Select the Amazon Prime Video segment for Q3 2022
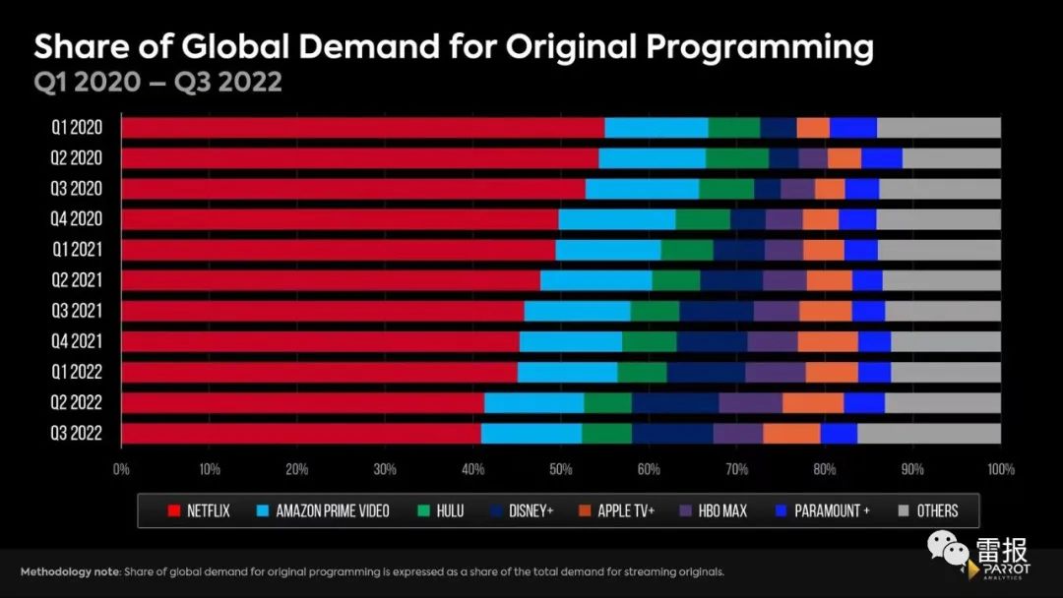click(531, 434)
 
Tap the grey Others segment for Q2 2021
click(941, 280)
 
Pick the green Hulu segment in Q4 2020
click(703, 219)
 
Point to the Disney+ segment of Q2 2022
click(675, 403)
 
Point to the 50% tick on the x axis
click(561, 468)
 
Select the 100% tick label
click(1000, 468)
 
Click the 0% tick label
click(122, 468)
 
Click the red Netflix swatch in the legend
click(174, 510)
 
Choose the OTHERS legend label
click(937, 510)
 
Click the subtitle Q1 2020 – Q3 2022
click(158, 82)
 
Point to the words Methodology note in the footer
click(68, 571)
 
